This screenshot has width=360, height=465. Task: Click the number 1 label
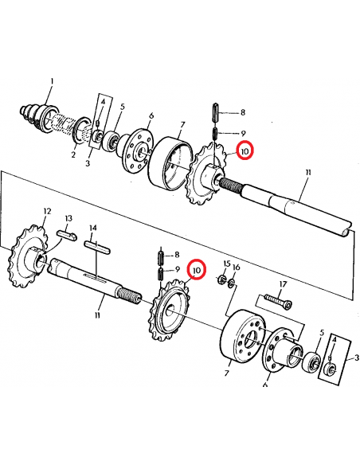click(52, 81)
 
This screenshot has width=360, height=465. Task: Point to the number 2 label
click(72, 155)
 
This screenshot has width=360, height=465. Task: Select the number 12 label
click(47, 211)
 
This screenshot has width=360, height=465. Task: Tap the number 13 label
click(68, 218)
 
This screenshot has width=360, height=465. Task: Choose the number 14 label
click(93, 228)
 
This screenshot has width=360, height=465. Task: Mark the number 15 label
click(226, 264)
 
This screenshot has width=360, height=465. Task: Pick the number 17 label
click(282, 284)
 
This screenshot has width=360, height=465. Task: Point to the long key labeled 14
click(97, 247)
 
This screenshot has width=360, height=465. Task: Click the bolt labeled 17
click(274, 303)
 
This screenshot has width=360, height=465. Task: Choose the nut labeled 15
click(221, 279)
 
